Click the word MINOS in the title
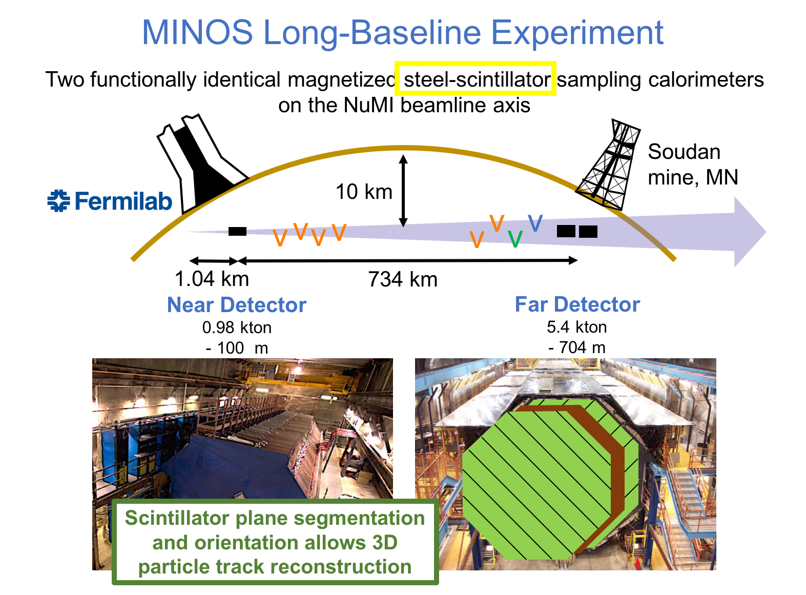tap(197, 32)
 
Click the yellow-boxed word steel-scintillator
tap(477, 79)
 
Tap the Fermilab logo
tap(109, 200)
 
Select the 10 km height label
tap(364, 191)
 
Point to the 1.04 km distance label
tap(212, 279)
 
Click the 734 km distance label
tap(403, 279)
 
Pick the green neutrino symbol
tap(515, 239)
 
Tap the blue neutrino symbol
tap(535, 222)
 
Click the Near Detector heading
tap(237, 304)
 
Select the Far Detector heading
tap(577, 304)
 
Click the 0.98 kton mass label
tap(237, 327)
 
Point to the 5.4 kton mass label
tap(576, 327)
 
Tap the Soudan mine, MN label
tap(693, 165)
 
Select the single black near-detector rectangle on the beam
tap(237, 231)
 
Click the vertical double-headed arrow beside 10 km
tap(403, 191)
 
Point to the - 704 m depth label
tap(576, 347)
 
